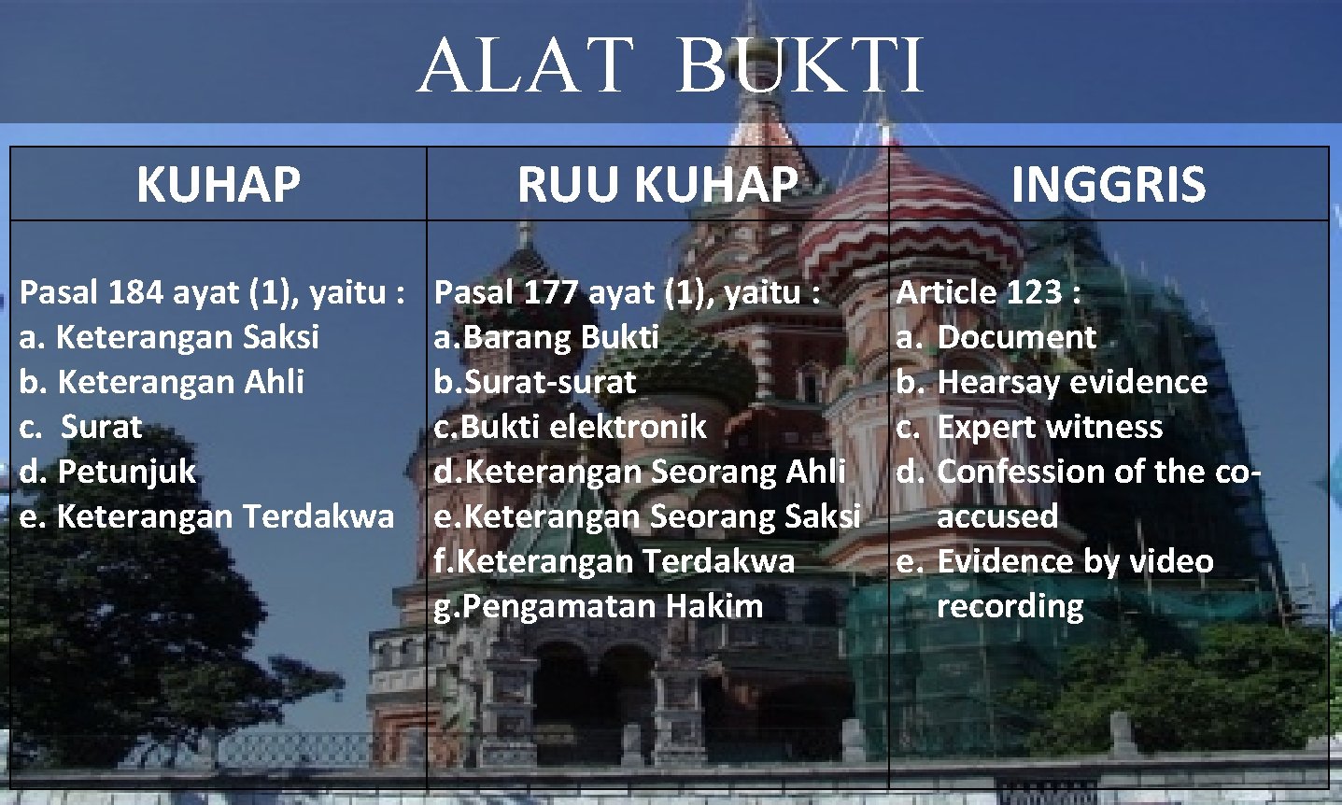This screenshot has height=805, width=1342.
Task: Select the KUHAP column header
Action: click(x=218, y=184)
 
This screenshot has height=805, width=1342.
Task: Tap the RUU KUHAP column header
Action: click(x=657, y=184)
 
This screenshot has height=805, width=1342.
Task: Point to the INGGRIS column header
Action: click(x=1108, y=184)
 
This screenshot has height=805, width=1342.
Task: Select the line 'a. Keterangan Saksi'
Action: click(x=169, y=337)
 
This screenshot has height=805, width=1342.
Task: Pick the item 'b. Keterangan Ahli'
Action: click(x=162, y=382)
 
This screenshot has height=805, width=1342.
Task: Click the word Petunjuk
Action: click(x=126, y=472)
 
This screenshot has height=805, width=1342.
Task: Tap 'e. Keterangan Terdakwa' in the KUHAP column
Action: click(x=206, y=516)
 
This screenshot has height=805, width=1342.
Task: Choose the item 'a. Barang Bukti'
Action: click(x=546, y=337)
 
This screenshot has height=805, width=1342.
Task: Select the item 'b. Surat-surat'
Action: click(x=534, y=382)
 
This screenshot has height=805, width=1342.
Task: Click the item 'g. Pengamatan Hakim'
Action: click(x=598, y=606)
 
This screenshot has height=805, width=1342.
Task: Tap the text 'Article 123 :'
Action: click(x=988, y=293)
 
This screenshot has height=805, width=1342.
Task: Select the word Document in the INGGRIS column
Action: click(x=1015, y=337)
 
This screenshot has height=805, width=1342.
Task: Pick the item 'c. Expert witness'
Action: click(x=1029, y=427)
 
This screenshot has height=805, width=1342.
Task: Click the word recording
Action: click(x=1010, y=606)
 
